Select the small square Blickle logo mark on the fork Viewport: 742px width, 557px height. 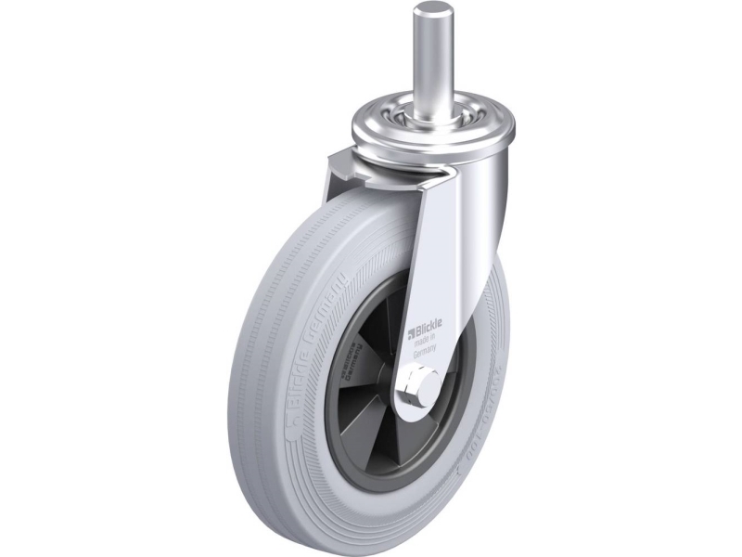[408, 327]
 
